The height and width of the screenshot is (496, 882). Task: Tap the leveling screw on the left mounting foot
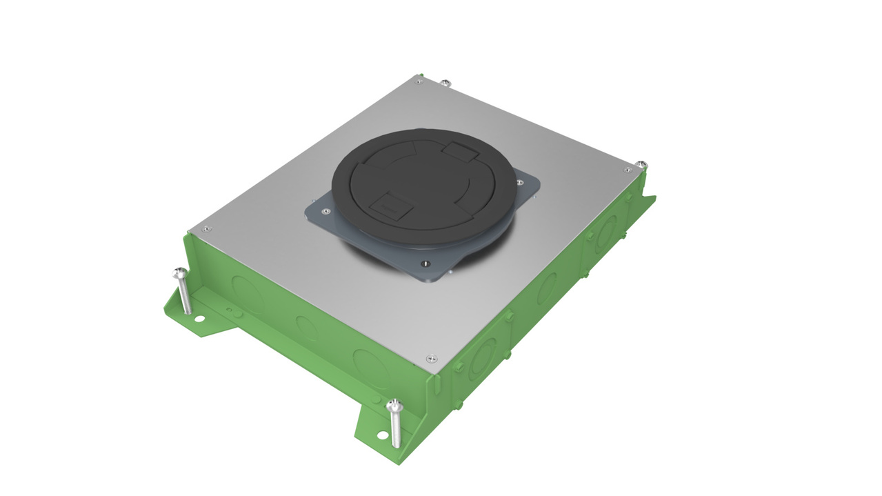[179, 272]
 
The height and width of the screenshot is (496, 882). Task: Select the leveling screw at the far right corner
[642, 164]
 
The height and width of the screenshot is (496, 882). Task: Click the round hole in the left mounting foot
[199, 319]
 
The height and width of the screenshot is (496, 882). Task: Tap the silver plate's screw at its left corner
[205, 228]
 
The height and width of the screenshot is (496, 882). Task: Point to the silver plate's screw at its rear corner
[420, 80]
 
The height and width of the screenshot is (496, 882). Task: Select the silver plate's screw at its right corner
[627, 170]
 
